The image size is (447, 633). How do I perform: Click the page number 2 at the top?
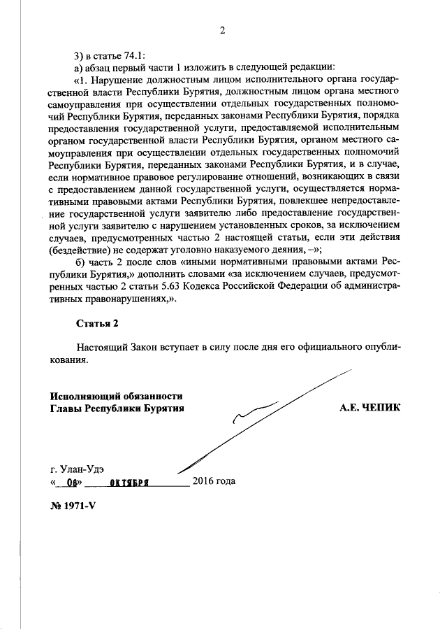point(223,30)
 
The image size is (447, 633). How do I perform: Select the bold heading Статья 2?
point(97,322)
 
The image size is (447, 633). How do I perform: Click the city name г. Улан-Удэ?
point(80,469)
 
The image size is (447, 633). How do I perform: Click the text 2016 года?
point(214,481)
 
